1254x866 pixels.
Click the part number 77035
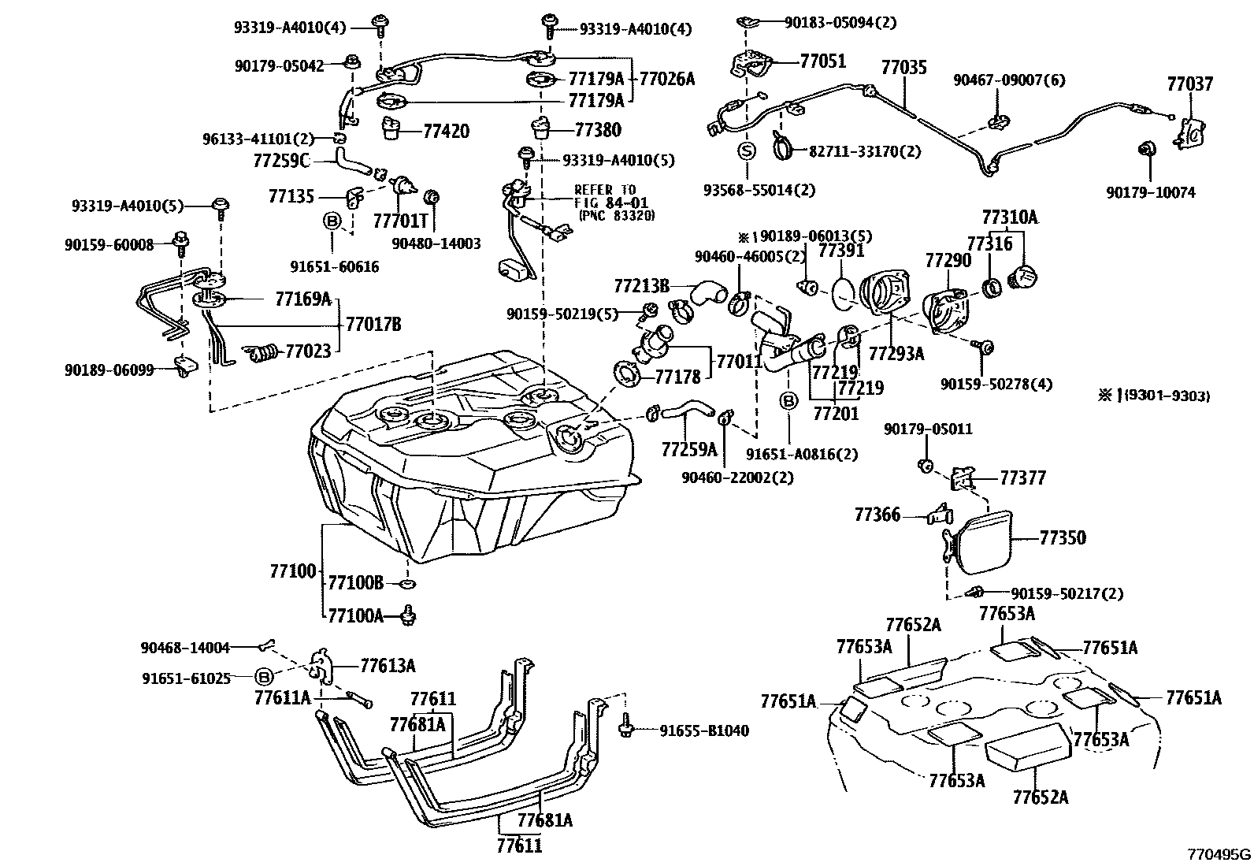pyautogui.click(x=903, y=67)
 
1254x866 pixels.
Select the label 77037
pyautogui.click(x=1189, y=84)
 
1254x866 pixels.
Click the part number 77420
pyautogui.click(x=446, y=131)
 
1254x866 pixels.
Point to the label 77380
pyautogui.click(x=598, y=130)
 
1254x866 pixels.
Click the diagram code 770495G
pyautogui.click(x=1219, y=854)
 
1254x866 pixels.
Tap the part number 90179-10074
pyautogui.click(x=1150, y=193)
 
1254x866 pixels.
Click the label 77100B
pyautogui.click(x=355, y=582)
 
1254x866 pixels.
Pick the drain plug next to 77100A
pyautogui.click(x=410, y=615)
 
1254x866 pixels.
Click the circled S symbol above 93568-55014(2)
pyautogui.click(x=747, y=151)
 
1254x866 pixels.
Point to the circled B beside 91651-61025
pyautogui.click(x=264, y=677)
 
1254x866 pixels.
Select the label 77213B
pyautogui.click(x=641, y=286)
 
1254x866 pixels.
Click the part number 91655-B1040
pyautogui.click(x=703, y=730)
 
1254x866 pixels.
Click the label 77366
pyautogui.click(x=877, y=515)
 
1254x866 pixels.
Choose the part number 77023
pyautogui.click(x=308, y=351)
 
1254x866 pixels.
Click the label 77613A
pyautogui.click(x=388, y=666)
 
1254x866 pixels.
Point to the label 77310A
pyautogui.click(x=1009, y=217)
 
